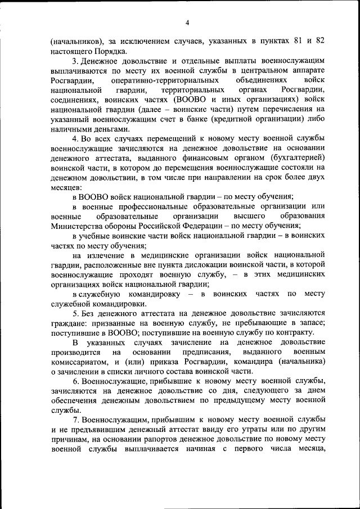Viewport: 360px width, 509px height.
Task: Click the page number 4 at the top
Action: click(x=188, y=22)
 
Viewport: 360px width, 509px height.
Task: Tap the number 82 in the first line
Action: click(x=319, y=42)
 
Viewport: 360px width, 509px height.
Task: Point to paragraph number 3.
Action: click(x=75, y=60)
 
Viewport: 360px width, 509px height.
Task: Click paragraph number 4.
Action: click(x=75, y=138)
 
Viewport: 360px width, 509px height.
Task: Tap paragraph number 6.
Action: click(x=75, y=381)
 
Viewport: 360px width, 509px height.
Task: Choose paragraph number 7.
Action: click(x=75, y=421)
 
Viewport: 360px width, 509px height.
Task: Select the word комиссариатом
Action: click(x=83, y=362)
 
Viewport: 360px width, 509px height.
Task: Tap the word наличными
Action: click(x=71, y=128)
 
